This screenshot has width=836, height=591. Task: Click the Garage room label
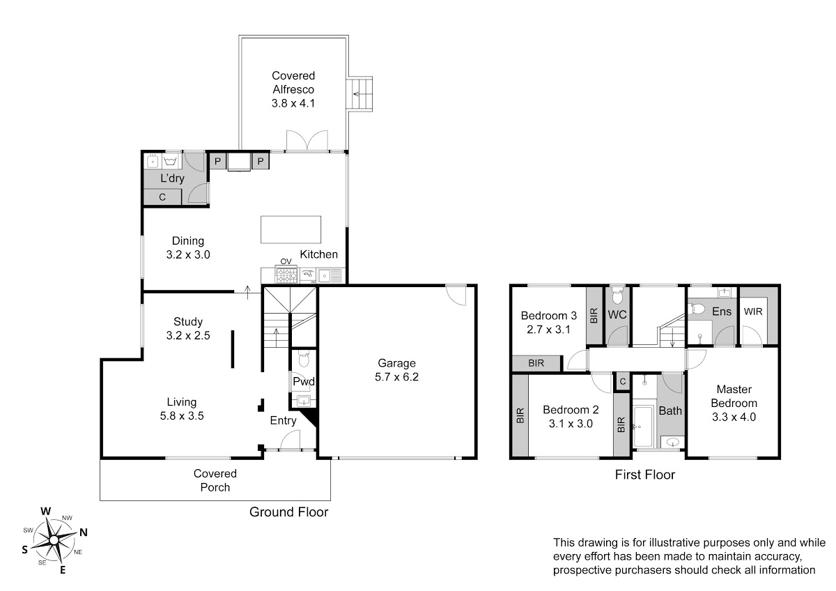coord(396,363)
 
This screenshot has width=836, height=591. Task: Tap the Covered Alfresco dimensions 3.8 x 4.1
coord(293,103)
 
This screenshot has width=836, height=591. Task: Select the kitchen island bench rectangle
coord(291,229)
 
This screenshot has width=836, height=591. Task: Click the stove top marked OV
coord(286,275)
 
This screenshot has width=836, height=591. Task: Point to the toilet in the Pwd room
coord(304,359)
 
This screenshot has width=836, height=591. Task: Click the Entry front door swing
coord(290,440)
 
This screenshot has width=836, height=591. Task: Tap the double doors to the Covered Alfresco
coord(307,141)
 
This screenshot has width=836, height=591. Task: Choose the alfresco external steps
coord(359,93)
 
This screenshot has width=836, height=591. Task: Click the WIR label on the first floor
coord(753,312)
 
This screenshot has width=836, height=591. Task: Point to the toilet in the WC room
coord(617,295)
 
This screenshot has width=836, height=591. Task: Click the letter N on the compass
coord(84,532)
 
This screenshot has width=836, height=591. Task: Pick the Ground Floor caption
coord(288,512)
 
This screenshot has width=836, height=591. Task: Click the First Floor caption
coord(645,475)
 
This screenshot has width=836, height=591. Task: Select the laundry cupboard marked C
coord(162,197)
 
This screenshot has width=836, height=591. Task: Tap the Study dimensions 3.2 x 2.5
coord(188,335)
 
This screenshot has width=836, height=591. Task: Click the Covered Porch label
coord(215,480)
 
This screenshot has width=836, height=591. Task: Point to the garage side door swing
coord(456,295)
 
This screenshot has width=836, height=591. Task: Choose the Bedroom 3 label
coord(549,316)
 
